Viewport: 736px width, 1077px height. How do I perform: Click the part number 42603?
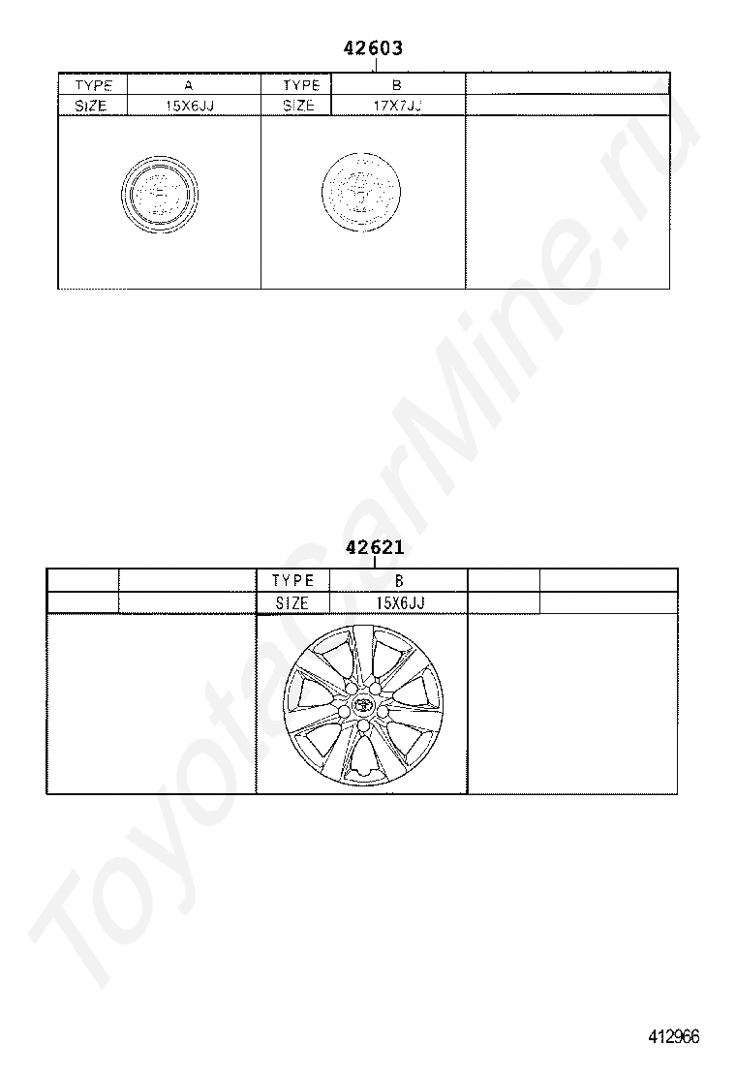coord(373,48)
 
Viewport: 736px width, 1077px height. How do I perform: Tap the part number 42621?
coord(375,547)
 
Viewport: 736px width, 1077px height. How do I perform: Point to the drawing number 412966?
coord(673,1036)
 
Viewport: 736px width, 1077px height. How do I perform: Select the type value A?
coord(189,86)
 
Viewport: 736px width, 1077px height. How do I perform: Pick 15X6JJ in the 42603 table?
coord(190,107)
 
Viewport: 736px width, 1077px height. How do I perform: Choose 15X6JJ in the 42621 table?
coord(400,602)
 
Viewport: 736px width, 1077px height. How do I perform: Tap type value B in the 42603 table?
coord(397,85)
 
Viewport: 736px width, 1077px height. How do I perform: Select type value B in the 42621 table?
coord(399,580)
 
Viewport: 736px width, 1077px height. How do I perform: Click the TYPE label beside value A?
coord(93,85)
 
